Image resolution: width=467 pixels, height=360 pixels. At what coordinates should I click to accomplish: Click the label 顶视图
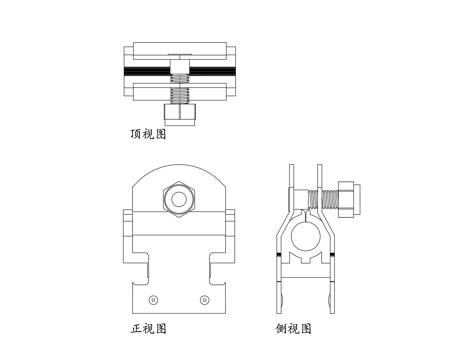tap(148, 131)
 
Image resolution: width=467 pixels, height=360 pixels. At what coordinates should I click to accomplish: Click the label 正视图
tap(148, 328)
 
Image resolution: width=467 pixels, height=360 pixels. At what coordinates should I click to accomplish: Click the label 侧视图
tap(296, 328)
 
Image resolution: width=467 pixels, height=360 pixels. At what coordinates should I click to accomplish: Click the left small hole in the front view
tap(153, 299)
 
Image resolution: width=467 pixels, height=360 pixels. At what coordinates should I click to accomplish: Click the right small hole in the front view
tap(207, 299)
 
